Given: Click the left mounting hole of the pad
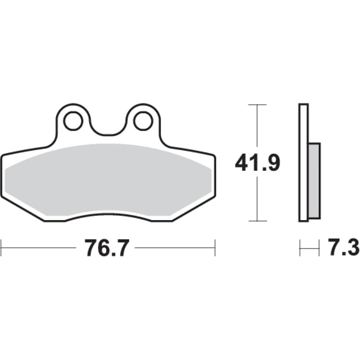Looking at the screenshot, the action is pos(73,121).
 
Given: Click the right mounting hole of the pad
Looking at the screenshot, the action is pos(143,121).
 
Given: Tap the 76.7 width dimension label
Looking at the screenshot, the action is pos(107,248).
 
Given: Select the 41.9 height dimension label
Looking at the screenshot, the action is pos(257,163).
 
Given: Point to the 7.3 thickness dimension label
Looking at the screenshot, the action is pos(343,247).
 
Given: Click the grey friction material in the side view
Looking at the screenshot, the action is pos(314,180).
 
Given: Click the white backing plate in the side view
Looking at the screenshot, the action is pos(304,163).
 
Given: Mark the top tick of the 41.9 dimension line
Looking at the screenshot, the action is pos(257,105).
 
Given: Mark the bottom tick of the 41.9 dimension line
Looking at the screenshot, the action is pos(258,221).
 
